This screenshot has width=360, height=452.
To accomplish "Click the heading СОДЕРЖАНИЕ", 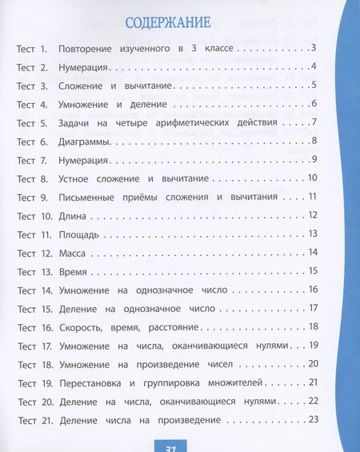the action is [166, 21].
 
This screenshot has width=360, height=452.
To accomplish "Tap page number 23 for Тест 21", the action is [313, 419].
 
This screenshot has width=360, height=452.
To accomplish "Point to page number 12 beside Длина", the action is [313, 215].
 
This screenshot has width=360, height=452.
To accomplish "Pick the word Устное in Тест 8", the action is [78, 178].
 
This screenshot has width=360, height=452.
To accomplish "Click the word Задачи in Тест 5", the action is [77, 122].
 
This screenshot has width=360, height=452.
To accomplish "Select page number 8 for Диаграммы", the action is [315, 141].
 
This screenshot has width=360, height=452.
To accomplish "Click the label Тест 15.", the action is [35, 308].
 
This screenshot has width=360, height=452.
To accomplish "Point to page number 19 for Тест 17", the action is [314, 345].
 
